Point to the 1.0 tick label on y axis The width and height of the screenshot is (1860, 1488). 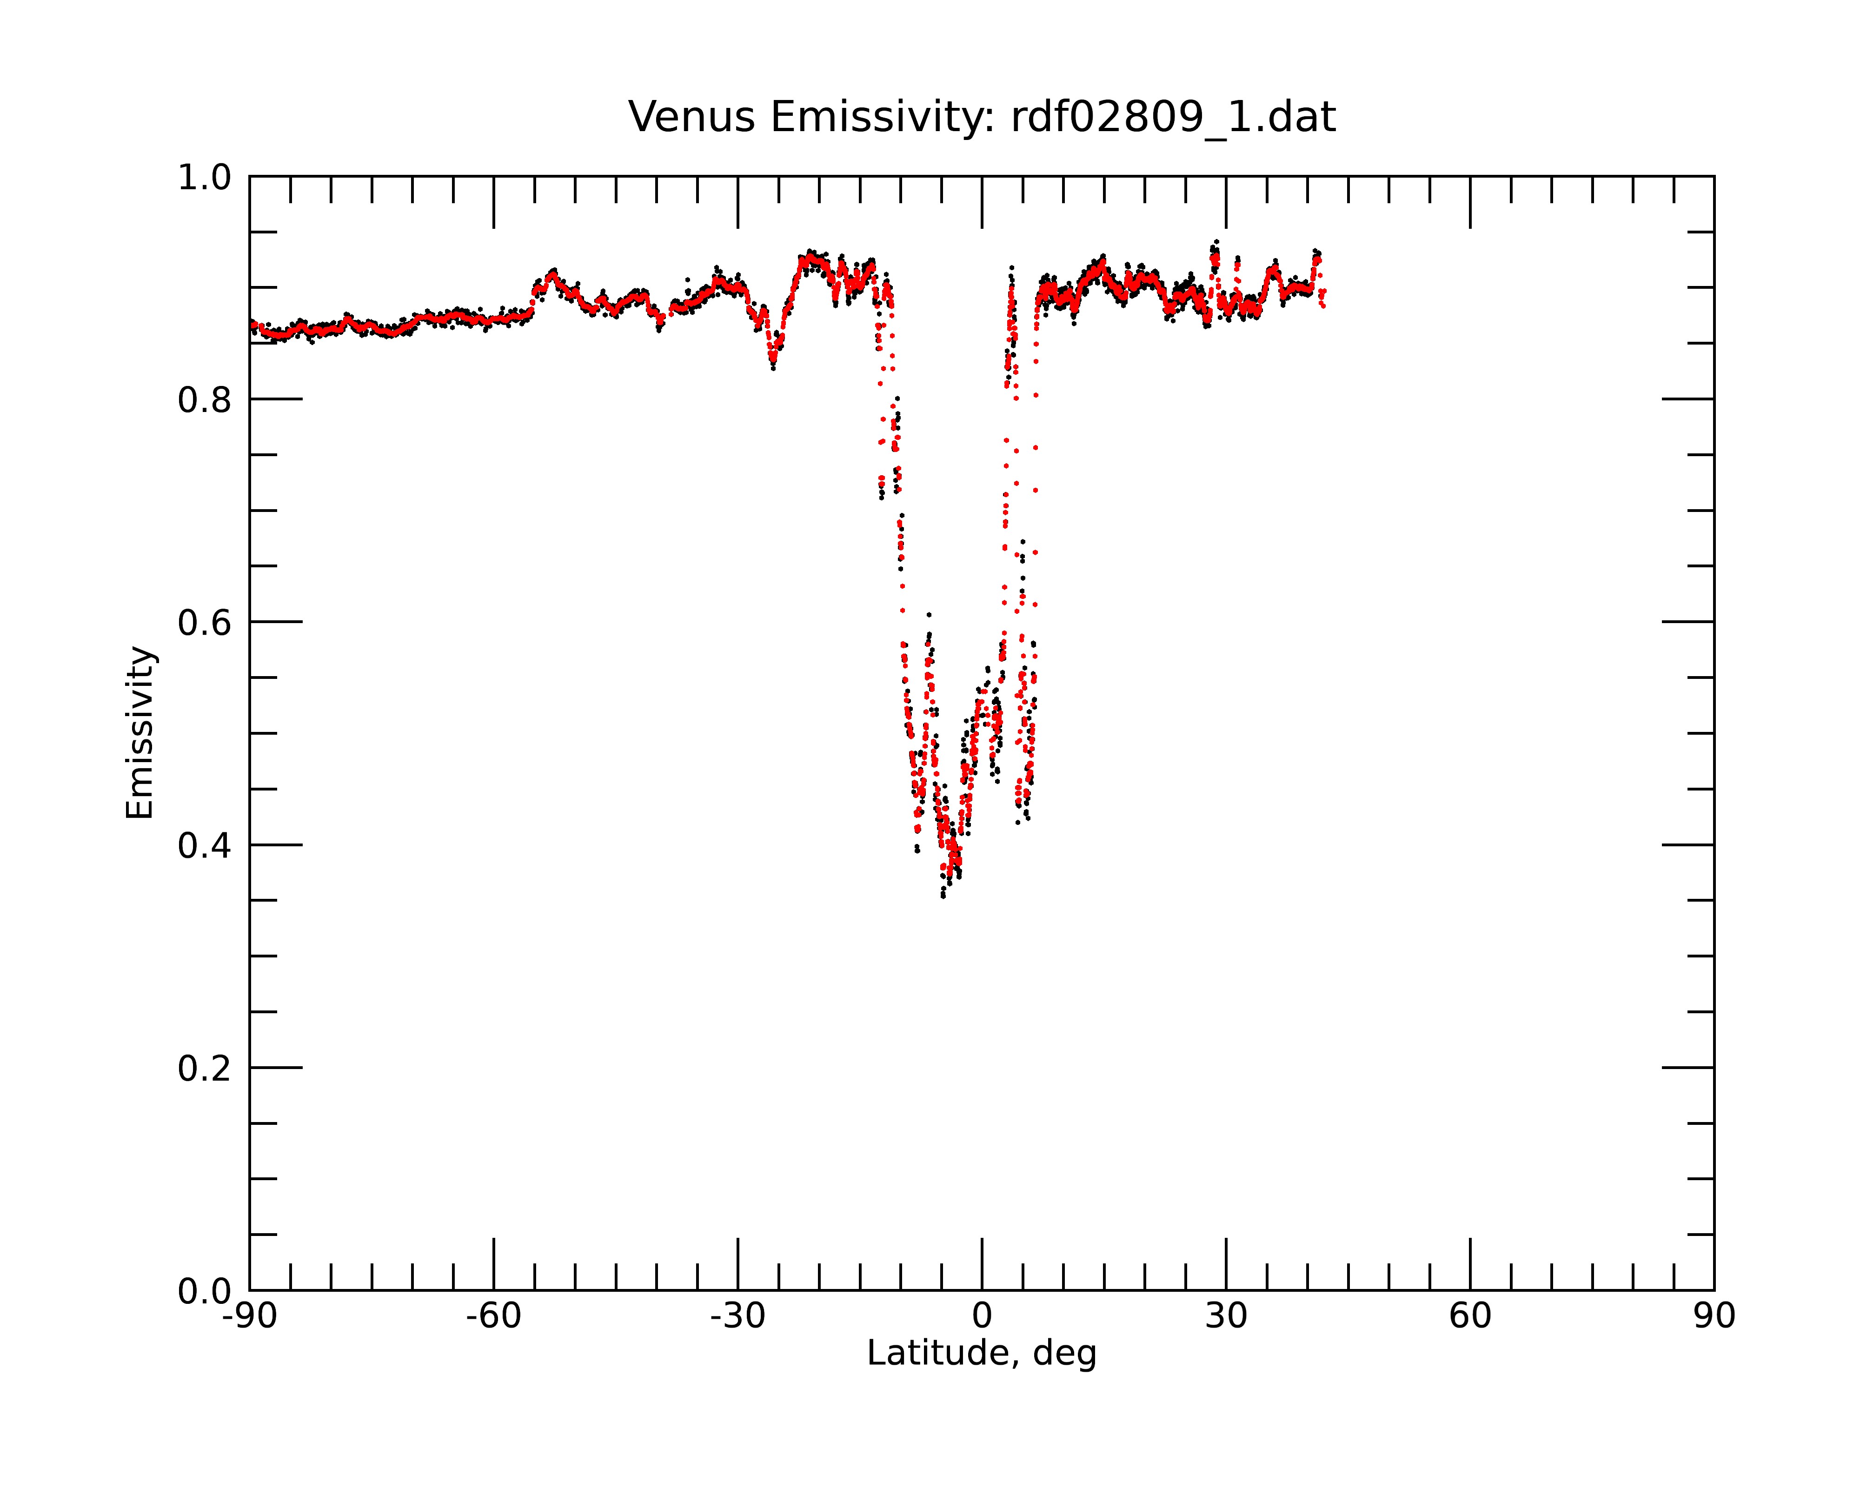tap(205, 178)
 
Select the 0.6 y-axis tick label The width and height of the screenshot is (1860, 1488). tap(205, 623)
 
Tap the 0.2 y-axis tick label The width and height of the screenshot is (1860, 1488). tap(205, 1069)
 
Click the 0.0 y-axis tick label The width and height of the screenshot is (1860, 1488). tap(205, 1291)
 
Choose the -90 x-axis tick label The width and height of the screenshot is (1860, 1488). tap(249, 1316)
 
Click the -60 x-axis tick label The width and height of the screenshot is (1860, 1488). tap(493, 1316)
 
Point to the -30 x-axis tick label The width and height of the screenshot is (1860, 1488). tap(737, 1316)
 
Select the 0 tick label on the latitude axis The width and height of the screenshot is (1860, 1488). tap(982, 1316)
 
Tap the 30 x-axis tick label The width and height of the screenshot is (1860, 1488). tap(1226, 1316)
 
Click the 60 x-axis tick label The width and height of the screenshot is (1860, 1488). tap(1470, 1316)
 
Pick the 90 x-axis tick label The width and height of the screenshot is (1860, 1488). tap(1714, 1316)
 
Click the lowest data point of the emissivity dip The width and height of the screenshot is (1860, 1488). tap(943, 896)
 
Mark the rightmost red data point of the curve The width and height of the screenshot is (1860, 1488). tap(1323, 306)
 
